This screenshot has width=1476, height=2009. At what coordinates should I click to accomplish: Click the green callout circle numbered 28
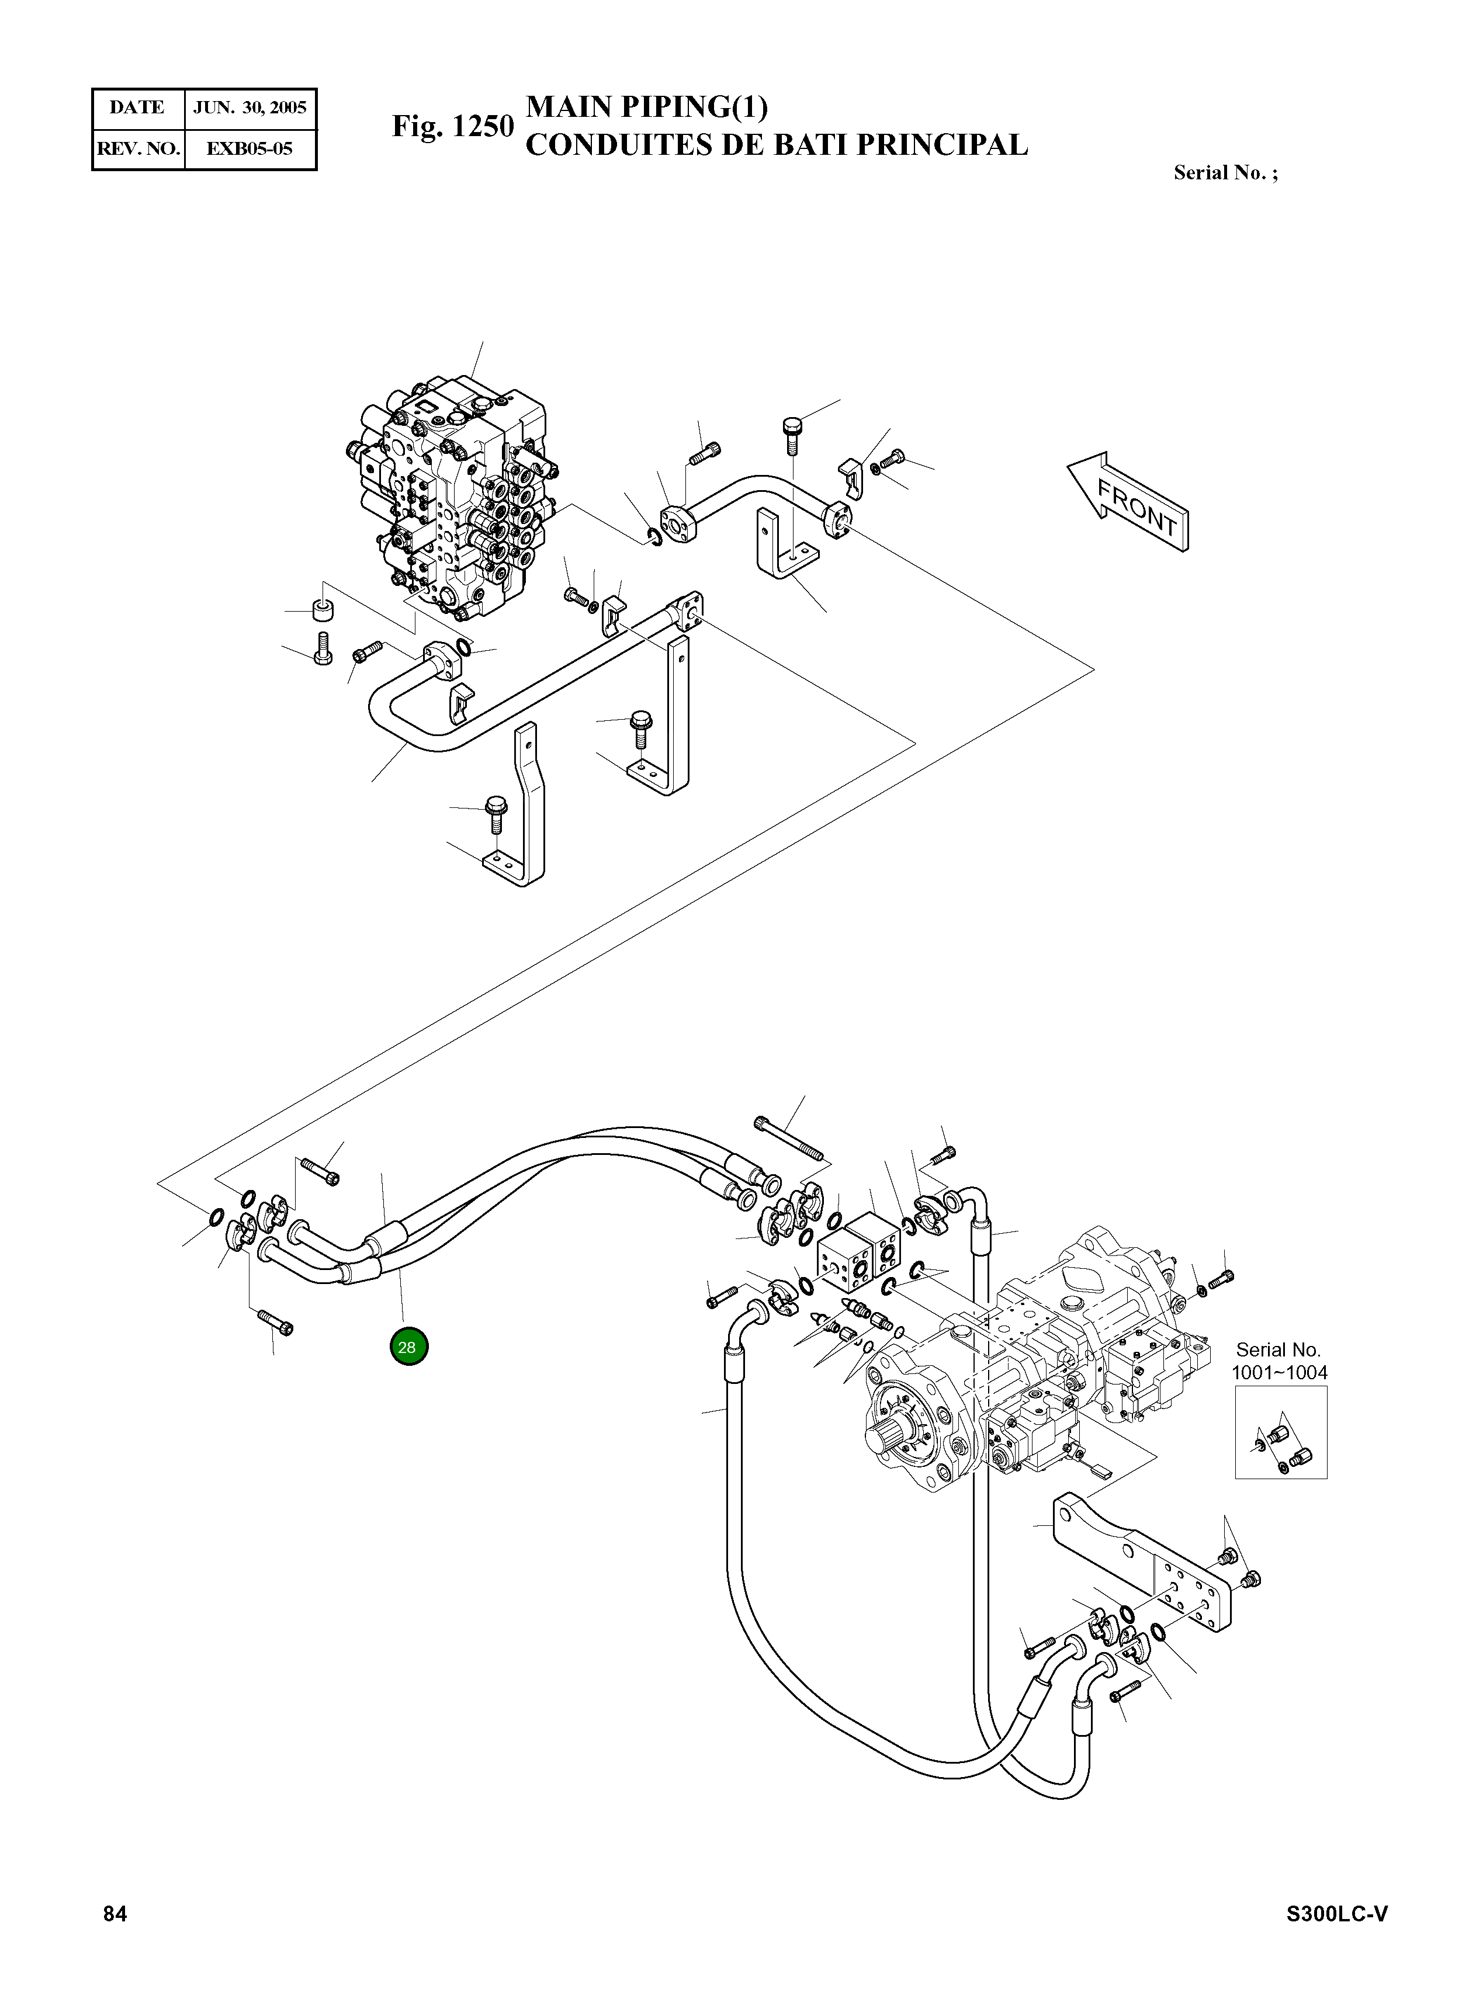(x=408, y=1347)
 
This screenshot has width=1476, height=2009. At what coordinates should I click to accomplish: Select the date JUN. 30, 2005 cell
(x=250, y=108)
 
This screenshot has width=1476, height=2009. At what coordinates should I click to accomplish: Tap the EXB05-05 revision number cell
(x=250, y=149)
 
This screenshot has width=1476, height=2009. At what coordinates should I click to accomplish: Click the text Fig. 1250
(x=453, y=127)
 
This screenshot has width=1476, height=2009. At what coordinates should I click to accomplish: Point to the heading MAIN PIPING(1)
(x=647, y=107)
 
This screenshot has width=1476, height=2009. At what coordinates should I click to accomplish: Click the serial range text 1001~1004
(x=1280, y=1372)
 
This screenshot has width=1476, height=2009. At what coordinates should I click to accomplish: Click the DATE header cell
(x=137, y=108)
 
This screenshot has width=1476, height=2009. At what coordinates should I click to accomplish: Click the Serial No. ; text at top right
(x=1225, y=174)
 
